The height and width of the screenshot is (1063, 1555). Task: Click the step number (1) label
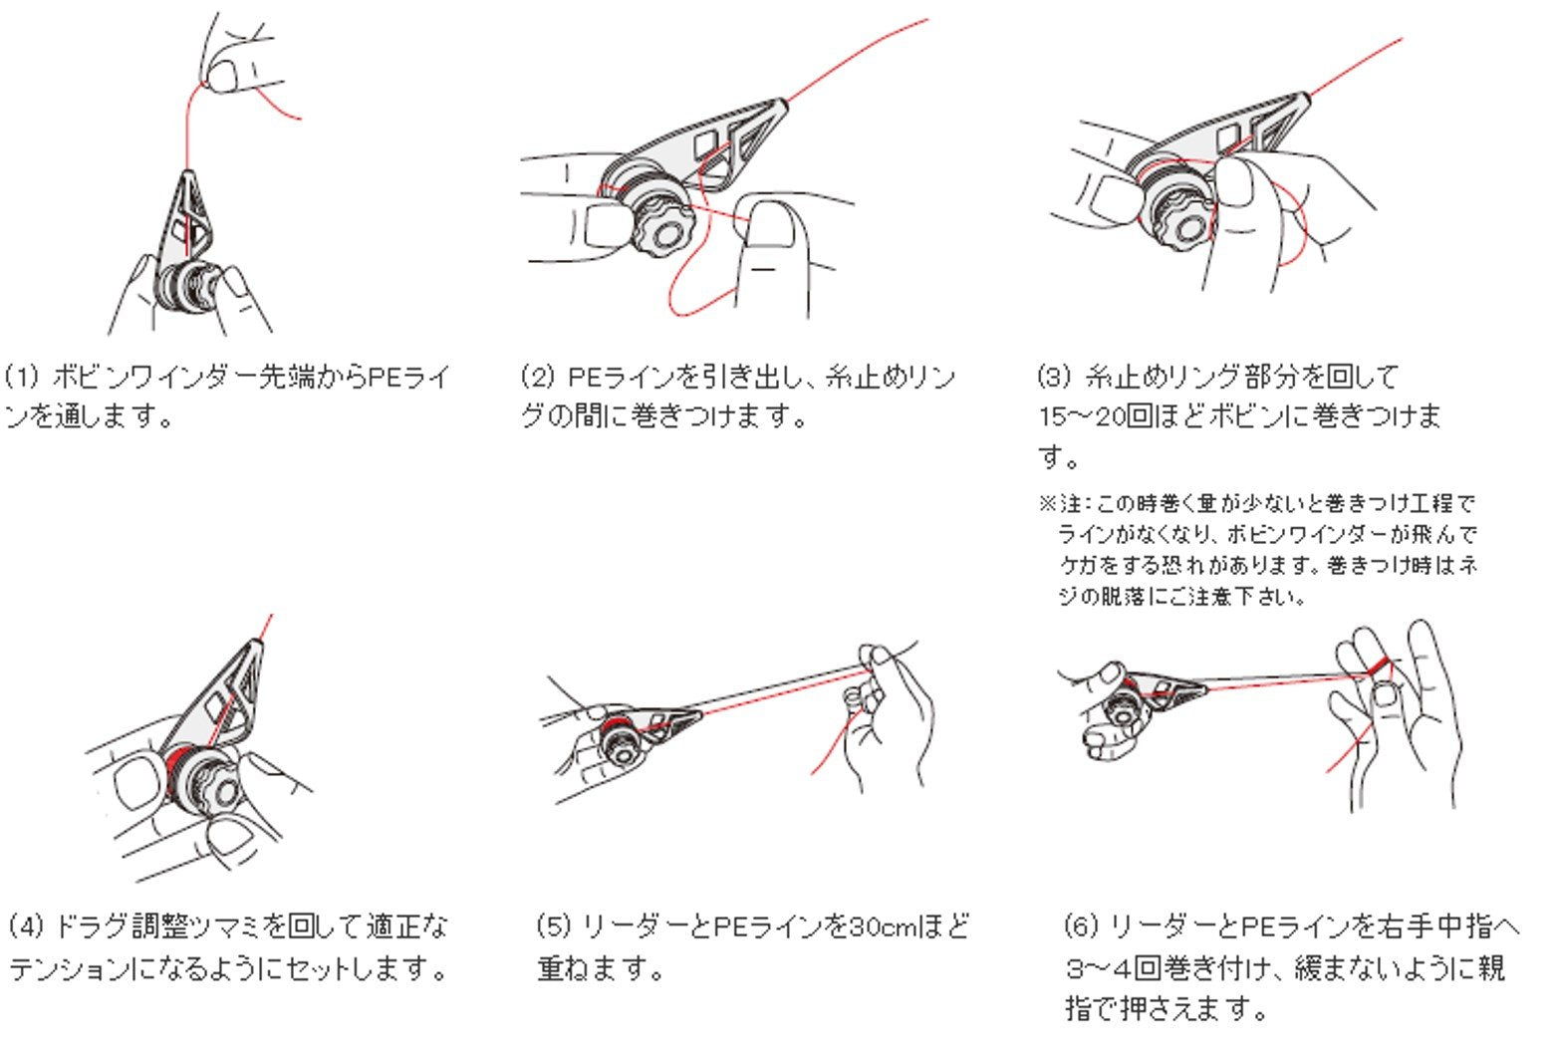coord(22,377)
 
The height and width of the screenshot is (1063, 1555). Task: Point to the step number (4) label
coord(26,927)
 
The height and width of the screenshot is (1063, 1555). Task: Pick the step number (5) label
coord(554,927)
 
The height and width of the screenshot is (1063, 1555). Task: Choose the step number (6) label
coord(1082,927)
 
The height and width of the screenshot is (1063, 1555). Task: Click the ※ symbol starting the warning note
coord(1047,503)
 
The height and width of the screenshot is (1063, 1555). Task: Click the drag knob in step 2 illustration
coord(659,227)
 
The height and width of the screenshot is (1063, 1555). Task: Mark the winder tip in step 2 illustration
coord(783,104)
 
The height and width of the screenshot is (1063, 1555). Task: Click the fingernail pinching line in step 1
coord(223,77)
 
